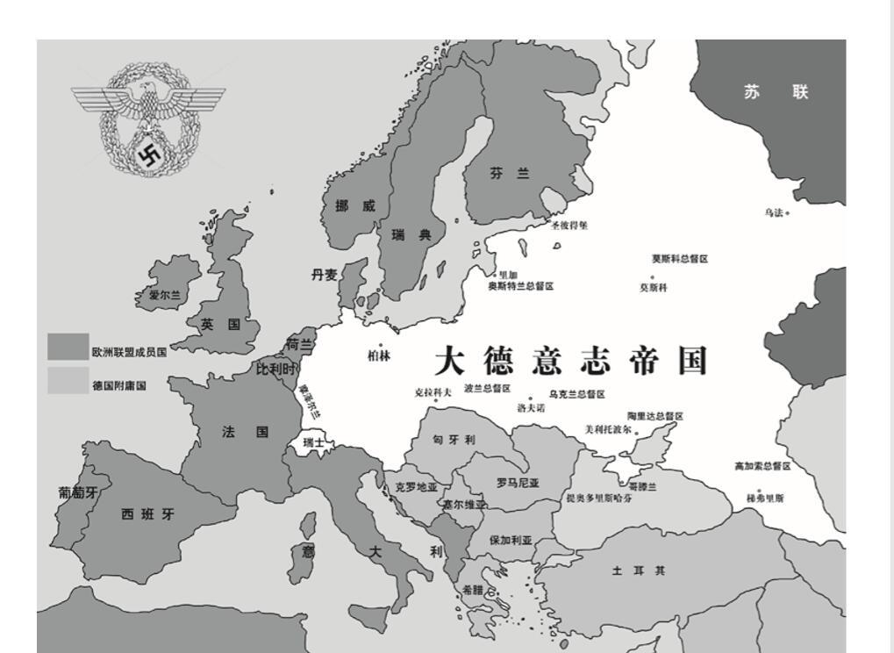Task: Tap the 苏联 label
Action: coord(776,92)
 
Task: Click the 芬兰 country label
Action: coord(510,174)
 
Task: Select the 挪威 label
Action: coord(355,205)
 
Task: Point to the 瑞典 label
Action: coord(411,235)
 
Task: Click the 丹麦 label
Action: coord(324,275)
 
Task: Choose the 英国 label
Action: coord(220,325)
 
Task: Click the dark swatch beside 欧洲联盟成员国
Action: coord(68,347)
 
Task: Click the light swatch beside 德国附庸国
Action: coord(68,381)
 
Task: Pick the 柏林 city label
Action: coord(379,355)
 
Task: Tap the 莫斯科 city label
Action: coord(653,287)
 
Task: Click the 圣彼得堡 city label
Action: coord(569,225)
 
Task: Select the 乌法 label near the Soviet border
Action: coord(774,212)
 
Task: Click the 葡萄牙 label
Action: coord(78,493)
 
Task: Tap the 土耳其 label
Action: coord(639,570)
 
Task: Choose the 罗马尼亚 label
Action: coord(518,483)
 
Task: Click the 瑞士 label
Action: coord(313,443)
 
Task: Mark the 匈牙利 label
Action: coord(454,439)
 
